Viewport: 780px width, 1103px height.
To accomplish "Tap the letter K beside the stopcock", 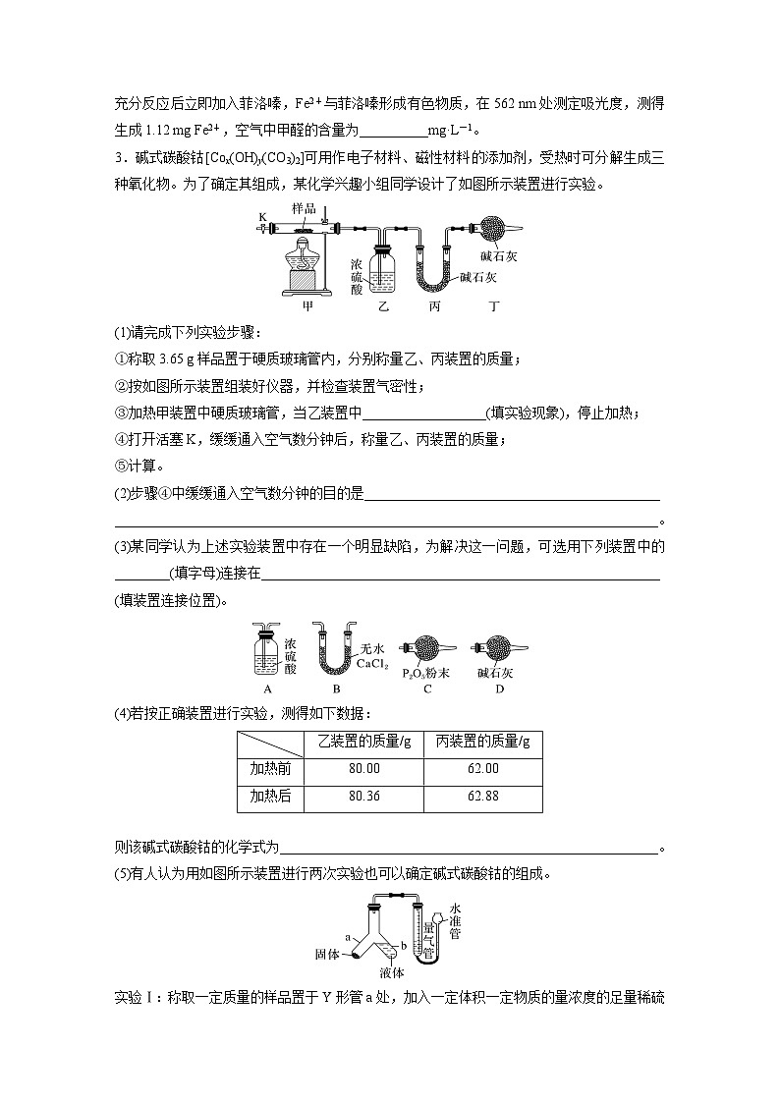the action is (262, 216).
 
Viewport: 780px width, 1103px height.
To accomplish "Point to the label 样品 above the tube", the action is (305, 209).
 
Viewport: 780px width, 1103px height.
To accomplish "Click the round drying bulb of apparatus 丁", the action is (487, 228).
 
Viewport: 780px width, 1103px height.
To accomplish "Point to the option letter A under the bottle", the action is (268, 689).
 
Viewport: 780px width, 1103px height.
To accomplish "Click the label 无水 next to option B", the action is (372, 648).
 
